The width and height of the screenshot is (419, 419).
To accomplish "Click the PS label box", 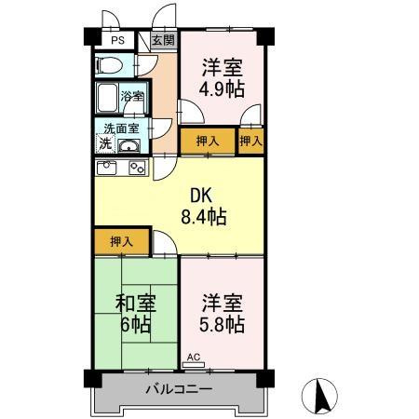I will [x=116, y=41].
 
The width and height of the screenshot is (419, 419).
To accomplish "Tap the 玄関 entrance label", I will [x=162, y=41].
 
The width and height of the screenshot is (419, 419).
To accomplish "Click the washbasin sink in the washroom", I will [x=129, y=145].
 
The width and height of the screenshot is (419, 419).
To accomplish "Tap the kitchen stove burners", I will [x=137, y=168].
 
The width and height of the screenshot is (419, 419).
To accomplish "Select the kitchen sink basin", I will [x=105, y=168].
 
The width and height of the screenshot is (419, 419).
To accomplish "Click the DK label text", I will [x=202, y=196].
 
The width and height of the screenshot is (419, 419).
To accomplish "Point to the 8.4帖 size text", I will [x=202, y=218].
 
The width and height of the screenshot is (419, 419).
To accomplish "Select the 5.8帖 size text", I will [x=222, y=325].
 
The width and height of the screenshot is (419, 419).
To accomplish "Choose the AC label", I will [x=194, y=357].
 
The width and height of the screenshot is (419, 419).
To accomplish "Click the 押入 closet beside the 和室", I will [x=121, y=241].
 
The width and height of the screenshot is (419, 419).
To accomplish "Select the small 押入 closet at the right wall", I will [x=250, y=142].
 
